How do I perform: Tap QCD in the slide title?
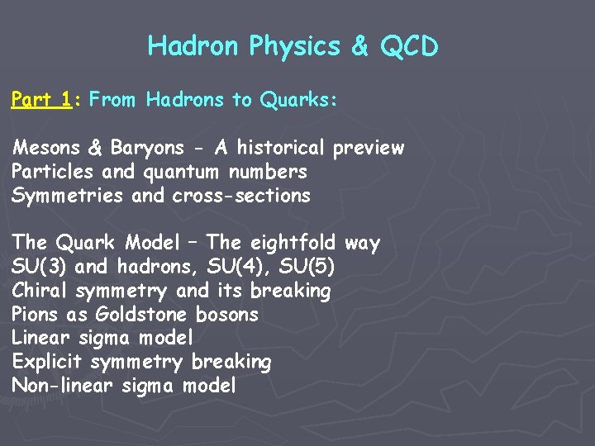[x=408, y=46]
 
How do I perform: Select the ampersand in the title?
[x=359, y=46]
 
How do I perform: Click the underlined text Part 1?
[x=40, y=100]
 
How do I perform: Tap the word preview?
[x=368, y=148]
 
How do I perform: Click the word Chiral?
[x=40, y=291]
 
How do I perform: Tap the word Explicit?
[x=48, y=362]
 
